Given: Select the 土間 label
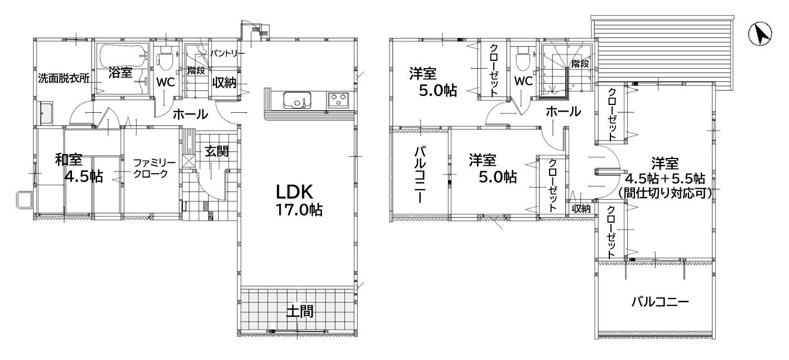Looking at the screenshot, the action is pyautogui.click(x=300, y=311).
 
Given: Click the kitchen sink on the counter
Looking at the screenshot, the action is pyautogui.click(x=297, y=100).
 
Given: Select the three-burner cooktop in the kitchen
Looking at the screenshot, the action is pyautogui.click(x=339, y=100).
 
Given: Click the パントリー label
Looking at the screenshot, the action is pyautogui.click(x=227, y=54).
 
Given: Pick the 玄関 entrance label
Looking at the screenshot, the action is pyautogui.click(x=217, y=151).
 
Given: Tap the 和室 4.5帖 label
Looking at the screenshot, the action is pyautogui.click(x=79, y=168).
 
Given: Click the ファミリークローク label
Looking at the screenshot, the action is pyautogui.click(x=154, y=168).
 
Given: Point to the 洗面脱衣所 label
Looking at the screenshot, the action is pyautogui.click(x=64, y=78).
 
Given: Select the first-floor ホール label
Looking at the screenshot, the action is pyautogui.click(x=191, y=114).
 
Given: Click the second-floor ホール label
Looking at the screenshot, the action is pyautogui.click(x=563, y=112).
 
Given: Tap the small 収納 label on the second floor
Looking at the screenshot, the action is pyautogui.click(x=581, y=209).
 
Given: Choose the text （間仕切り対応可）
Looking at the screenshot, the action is pyautogui.click(x=665, y=193).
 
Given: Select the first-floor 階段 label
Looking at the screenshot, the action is pyautogui.click(x=196, y=70).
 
